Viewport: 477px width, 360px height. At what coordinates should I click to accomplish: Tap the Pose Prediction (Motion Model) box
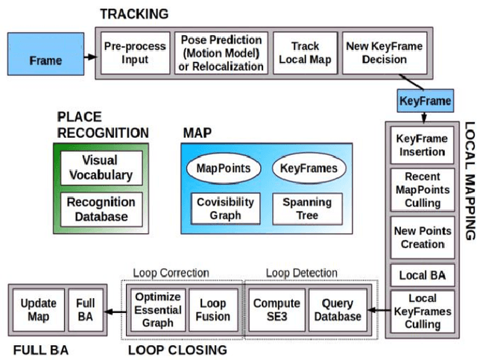tap(221, 52)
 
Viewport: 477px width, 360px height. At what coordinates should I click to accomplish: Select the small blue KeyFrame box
tap(425, 100)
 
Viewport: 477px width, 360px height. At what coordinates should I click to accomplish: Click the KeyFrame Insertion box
tap(422, 145)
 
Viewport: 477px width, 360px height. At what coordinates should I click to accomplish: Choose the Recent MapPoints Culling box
tap(422, 189)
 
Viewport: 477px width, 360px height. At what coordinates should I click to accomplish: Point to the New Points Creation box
tap(422, 237)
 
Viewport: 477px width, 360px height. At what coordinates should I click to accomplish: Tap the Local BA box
tap(422, 275)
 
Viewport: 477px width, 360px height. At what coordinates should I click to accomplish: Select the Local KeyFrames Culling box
tap(422, 311)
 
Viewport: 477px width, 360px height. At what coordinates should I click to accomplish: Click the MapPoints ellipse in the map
tap(223, 168)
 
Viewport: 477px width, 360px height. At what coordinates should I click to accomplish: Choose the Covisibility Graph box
tap(225, 208)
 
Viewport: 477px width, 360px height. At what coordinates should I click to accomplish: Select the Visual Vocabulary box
tap(101, 168)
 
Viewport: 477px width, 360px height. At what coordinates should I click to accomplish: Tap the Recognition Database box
tap(101, 209)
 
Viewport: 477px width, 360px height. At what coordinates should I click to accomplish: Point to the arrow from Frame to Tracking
tap(89, 57)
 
